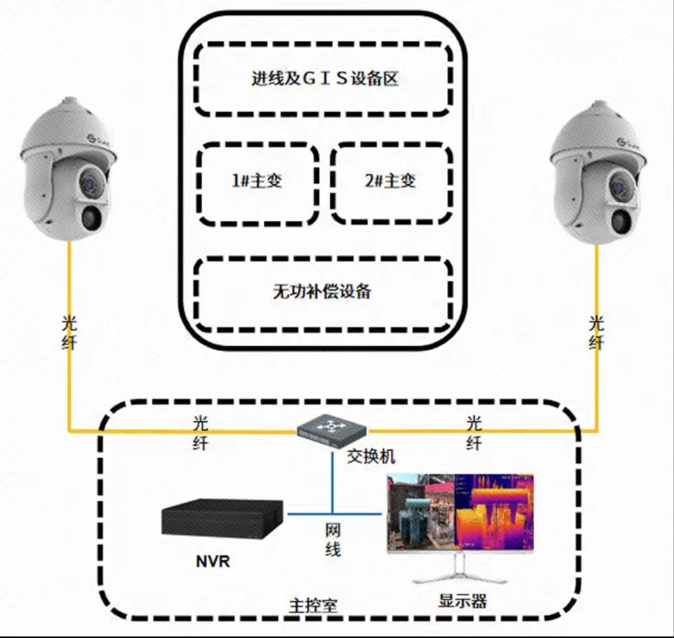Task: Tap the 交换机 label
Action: [371, 456]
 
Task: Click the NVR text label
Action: [213, 563]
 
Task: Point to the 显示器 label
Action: [463, 601]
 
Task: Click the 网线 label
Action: [332, 540]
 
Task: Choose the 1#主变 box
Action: [257, 181]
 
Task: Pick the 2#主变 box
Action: [391, 181]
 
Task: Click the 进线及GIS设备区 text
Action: [324, 79]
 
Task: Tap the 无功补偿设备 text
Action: [322, 292]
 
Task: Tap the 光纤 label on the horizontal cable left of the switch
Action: [201, 433]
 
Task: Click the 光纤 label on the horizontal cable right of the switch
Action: [473, 433]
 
